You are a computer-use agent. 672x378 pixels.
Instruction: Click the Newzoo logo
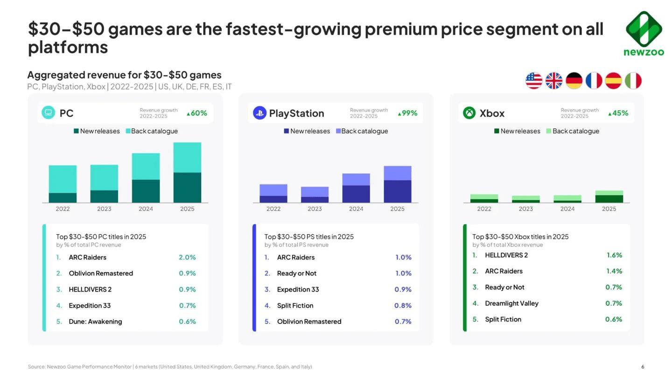tap(644, 33)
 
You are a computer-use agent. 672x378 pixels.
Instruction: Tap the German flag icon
tap(574, 81)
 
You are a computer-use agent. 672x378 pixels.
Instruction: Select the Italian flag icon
tap(633, 81)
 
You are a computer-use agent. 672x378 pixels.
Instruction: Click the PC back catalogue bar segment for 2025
tap(187, 157)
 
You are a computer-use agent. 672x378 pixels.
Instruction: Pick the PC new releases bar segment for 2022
tap(63, 198)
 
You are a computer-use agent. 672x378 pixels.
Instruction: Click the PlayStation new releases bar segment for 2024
tap(356, 194)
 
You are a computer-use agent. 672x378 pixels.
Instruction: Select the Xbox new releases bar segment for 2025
tap(609, 199)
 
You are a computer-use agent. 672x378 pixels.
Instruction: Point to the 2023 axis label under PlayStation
tap(315, 209)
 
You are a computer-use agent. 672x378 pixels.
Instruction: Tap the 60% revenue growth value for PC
tap(197, 113)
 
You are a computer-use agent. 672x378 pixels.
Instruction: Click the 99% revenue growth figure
tap(407, 113)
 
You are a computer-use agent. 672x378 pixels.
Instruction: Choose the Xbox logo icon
tap(469, 113)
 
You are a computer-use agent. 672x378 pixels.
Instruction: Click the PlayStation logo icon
tap(259, 113)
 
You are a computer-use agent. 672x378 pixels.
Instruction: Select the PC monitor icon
tap(49, 112)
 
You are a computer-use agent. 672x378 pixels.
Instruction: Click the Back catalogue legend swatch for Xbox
tap(548, 131)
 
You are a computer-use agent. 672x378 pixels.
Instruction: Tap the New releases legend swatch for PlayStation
tap(286, 131)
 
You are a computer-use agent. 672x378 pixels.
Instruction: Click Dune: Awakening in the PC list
tap(95, 322)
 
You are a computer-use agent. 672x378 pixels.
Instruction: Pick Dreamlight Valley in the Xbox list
tap(511, 303)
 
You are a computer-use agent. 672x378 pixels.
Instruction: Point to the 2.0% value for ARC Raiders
tap(187, 258)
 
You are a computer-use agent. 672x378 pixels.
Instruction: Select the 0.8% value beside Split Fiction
tap(403, 306)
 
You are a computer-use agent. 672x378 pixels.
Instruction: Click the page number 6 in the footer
tap(643, 367)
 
